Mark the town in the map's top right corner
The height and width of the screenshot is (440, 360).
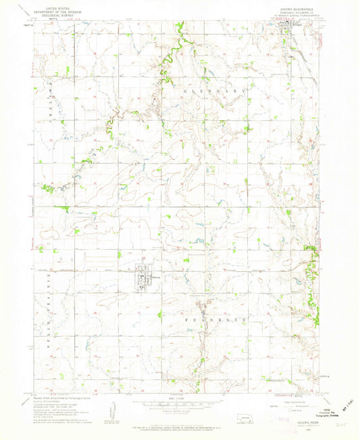pos(292,28)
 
